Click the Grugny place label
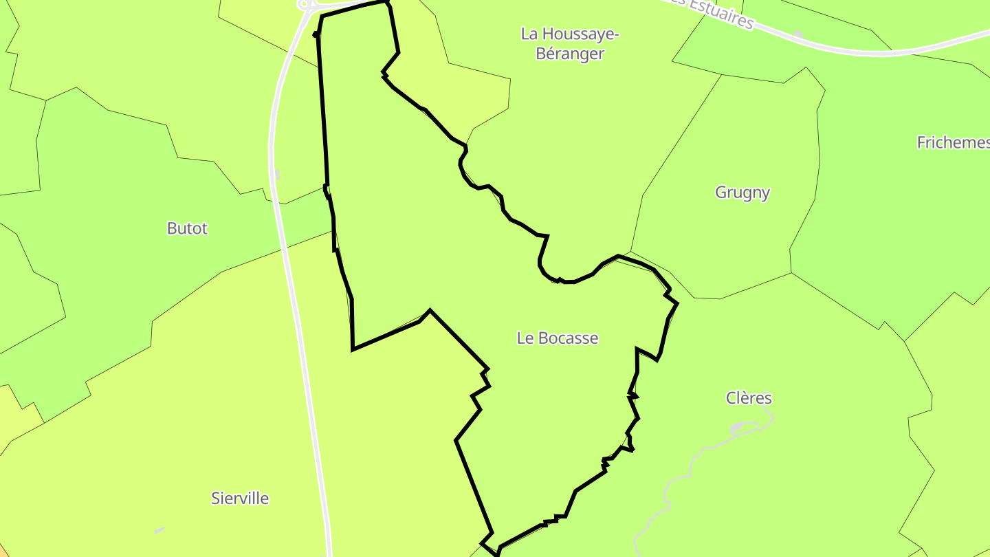(742, 193)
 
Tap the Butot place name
(187, 228)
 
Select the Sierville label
(240, 499)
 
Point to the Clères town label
(749, 398)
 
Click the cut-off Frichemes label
(953, 142)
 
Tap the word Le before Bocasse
(526, 338)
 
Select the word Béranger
(569, 54)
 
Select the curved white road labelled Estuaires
(859, 50)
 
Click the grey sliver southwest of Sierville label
(159, 530)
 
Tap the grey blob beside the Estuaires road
(798, 34)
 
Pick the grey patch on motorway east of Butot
(276, 175)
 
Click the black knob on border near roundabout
(316, 34)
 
